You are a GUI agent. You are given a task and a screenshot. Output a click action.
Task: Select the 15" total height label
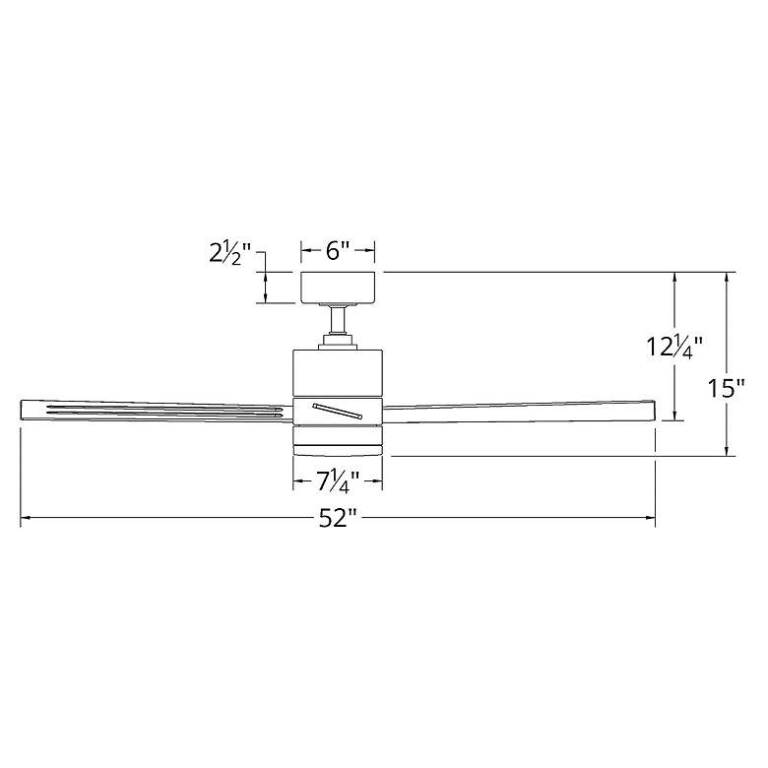coord(726,389)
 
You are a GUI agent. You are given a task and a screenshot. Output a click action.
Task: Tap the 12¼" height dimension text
coord(674,348)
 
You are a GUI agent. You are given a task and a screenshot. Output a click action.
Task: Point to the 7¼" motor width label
coord(338,481)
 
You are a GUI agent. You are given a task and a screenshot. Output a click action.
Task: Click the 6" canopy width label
coord(338,251)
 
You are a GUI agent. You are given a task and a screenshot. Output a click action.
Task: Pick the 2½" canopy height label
coord(229,254)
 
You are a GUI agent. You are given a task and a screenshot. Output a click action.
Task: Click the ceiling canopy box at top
coord(338,288)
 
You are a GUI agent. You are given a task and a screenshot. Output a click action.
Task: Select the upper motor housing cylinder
coord(338,373)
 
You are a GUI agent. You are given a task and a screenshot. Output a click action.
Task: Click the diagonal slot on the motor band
coord(338,411)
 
